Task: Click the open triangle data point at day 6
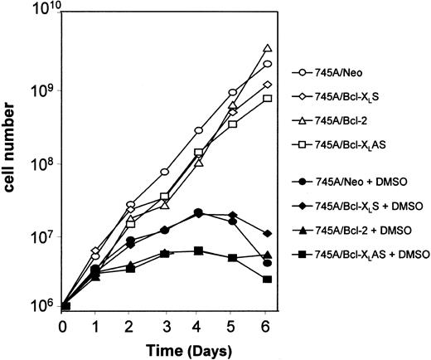pos(267,49)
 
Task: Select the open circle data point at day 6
pos(267,64)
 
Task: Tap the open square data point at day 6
pos(267,98)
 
